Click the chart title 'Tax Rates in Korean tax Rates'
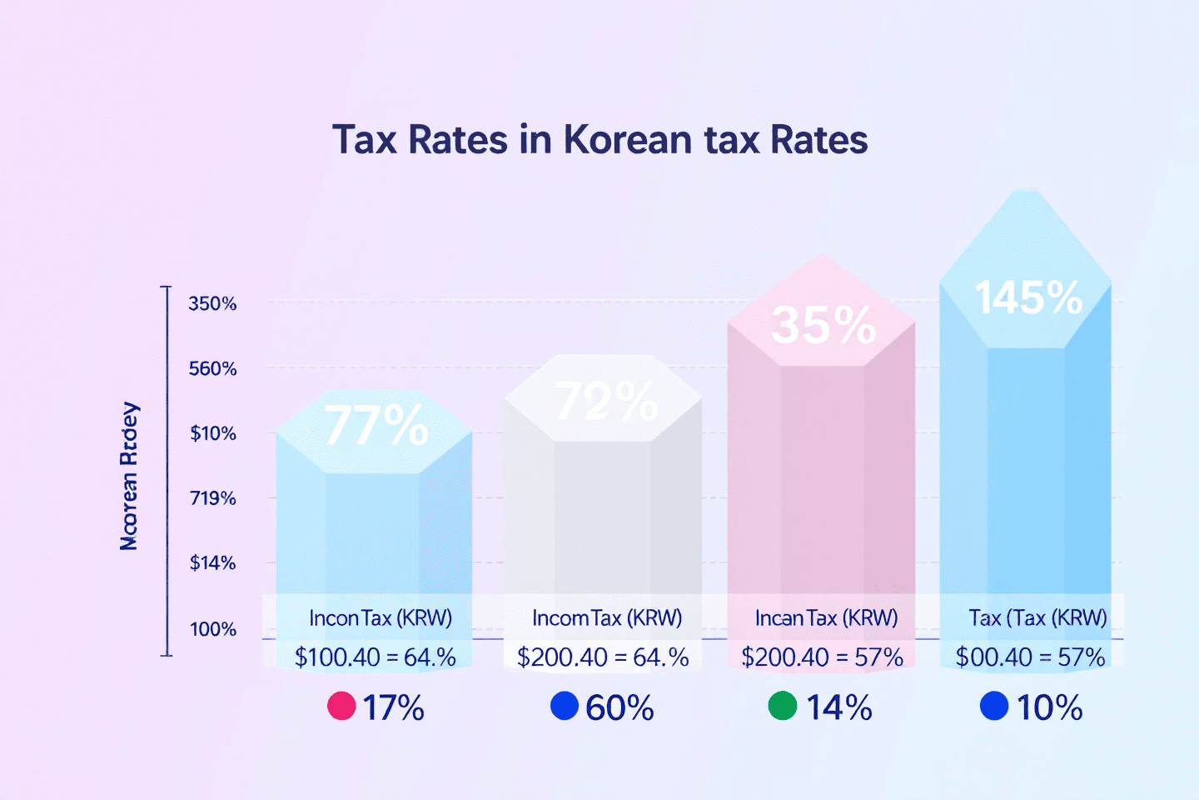click(x=599, y=139)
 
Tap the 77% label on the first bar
click(x=376, y=425)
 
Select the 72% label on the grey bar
click(x=606, y=402)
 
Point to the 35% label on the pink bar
click(x=823, y=325)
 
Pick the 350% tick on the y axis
click(x=212, y=303)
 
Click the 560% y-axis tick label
click(x=212, y=368)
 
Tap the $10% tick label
click(x=212, y=433)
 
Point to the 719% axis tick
click(x=212, y=498)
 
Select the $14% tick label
click(x=212, y=563)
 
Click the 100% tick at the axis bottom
click(x=212, y=629)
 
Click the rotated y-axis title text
click(x=129, y=477)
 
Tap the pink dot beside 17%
click(x=341, y=706)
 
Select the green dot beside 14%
click(x=782, y=706)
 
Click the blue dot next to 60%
click(x=565, y=706)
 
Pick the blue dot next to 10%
click(x=994, y=706)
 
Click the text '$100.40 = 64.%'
click(x=375, y=657)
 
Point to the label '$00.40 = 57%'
click(x=1030, y=657)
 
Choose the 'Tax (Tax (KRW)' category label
click(x=1037, y=617)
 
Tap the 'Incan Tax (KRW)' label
click(x=826, y=617)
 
